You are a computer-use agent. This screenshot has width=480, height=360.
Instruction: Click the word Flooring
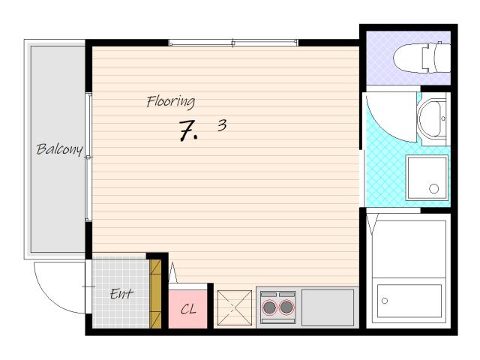coord(170,102)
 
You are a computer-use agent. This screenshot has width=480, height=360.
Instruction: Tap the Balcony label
coord(59,149)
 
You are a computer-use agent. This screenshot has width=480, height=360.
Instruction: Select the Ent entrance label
coord(121,294)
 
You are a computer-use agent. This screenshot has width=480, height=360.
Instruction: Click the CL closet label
coord(188,309)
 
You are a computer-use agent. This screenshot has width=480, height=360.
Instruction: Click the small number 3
coord(222,125)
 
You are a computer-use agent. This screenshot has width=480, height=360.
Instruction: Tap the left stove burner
coord(269,307)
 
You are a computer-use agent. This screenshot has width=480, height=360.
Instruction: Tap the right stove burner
coord(286,307)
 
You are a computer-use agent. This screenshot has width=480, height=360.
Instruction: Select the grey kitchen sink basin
coord(328,307)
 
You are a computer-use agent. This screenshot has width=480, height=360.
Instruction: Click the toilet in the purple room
coord(421,58)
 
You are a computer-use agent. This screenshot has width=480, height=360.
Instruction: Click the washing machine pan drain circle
coord(433,188)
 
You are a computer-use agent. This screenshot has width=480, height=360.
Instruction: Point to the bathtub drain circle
coord(385,301)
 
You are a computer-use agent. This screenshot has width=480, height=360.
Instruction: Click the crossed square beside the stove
coord(235,307)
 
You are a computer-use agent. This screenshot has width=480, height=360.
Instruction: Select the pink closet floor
coord(188,309)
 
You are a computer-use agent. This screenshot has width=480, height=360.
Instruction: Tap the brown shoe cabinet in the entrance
coord(155,294)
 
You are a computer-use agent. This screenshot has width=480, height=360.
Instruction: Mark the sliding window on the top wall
coord(233,43)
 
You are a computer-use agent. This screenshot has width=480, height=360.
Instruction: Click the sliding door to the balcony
coord(88,157)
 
